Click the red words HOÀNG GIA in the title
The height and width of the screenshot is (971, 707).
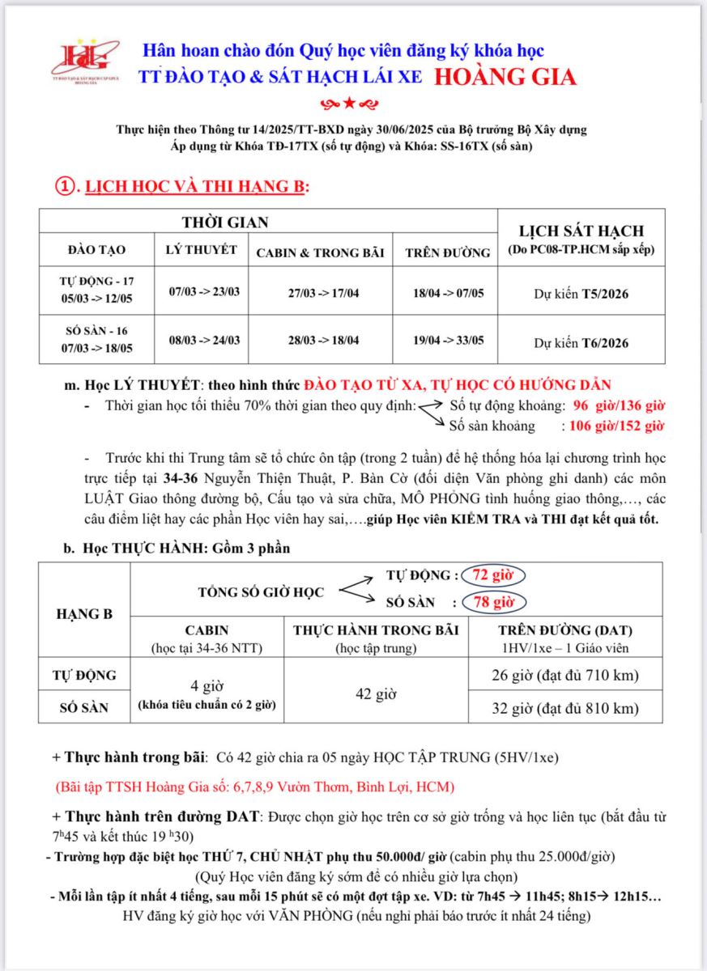505,77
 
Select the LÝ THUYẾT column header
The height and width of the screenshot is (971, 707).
201,249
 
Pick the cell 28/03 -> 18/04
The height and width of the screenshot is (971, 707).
319,340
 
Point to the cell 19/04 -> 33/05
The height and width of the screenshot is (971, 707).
448,340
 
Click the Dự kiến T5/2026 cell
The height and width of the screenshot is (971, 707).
581,294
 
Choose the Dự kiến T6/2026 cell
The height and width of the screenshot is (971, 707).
581,342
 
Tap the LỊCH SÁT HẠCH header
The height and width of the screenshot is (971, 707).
581,231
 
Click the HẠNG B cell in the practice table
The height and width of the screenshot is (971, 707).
83,613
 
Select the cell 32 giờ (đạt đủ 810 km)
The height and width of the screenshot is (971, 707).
565,709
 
